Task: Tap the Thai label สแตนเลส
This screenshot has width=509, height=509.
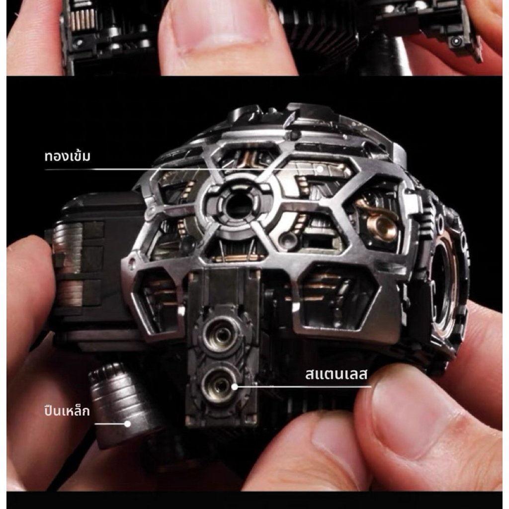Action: [337, 374]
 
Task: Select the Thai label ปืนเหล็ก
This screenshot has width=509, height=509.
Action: [67, 411]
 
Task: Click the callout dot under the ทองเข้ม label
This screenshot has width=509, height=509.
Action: [320, 169]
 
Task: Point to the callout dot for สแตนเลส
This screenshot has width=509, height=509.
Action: [235, 387]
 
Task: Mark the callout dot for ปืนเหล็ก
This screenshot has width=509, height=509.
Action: [128, 424]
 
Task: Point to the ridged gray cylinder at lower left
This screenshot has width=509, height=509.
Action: [120, 405]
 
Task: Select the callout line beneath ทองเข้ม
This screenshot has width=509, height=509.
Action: [182, 169]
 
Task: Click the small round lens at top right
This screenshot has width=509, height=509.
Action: [456, 41]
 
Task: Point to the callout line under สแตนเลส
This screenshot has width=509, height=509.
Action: [303, 387]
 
